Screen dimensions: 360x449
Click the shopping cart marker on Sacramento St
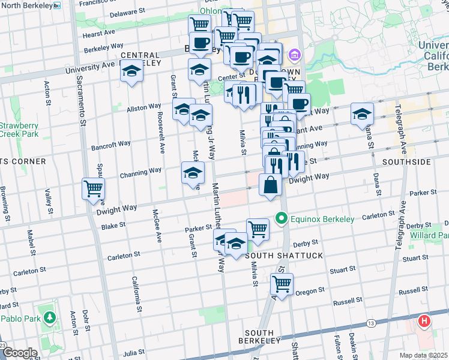pyautogui.click(x=93, y=188)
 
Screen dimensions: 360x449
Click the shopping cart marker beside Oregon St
pyautogui.click(x=282, y=283)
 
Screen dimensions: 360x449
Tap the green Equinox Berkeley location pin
pyautogui.click(x=280, y=218)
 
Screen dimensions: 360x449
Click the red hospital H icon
pyautogui.click(x=424, y=322)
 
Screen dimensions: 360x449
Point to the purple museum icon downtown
pyautogui.click(x=294, y=56)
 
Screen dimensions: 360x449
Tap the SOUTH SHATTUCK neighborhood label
pyautogui.click(x=284, y=256)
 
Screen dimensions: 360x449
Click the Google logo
pyautogui.click(x=19, y=353)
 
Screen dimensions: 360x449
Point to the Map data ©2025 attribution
pyautogui.click(x=423, y=355)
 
